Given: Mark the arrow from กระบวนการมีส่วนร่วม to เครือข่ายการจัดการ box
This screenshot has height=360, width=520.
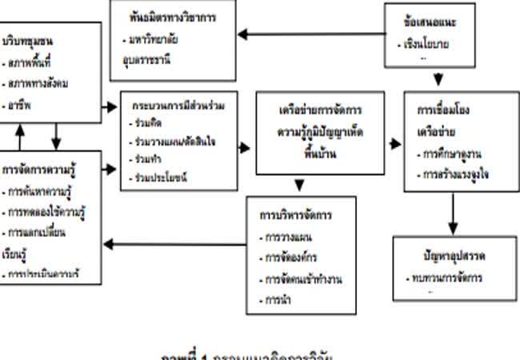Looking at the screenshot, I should (242, 148).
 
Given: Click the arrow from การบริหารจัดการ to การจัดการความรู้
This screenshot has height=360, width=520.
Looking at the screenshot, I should (176, 244).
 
